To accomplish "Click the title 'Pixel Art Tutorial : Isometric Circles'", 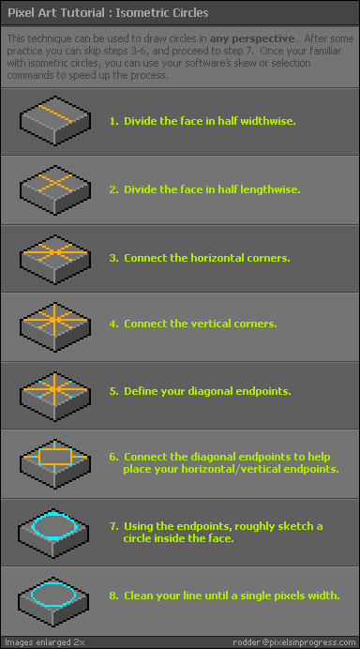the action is pyautogui.click(x=108, y=13).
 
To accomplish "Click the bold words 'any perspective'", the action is pyautogui.click(x=252, y=38).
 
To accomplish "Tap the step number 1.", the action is pyautogui.click(x=113, y=121).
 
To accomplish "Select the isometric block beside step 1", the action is pyautogui.click(x=54, y=120).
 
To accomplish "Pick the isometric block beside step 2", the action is pyautogui.click(x=54, y=190).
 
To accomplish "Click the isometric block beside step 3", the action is pyautogui.click(x=54, y=260).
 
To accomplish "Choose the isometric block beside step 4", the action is pyautogui.click(x=54, y=327).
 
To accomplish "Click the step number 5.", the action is pyautogui.click(x=113, y=391).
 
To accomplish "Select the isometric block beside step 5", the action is pyautogui.click(x=54, y=396).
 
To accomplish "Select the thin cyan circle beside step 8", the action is pyautogui.click(x=54, y=582).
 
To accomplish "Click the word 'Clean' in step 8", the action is pyautogui.click(x=137, y=596).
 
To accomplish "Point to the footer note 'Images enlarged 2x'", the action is pyautogui.click(x=45, y=642).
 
